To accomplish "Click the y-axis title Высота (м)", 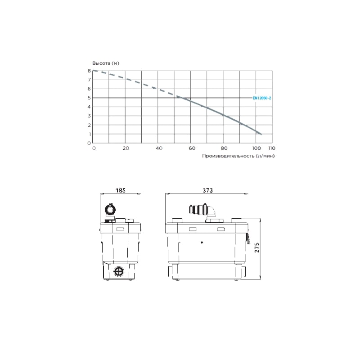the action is [x=106, y=63].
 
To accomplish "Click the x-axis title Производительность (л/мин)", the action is [x=238, y=156].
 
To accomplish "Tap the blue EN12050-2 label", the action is [x=262, y=98].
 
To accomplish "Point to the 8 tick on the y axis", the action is [x=89, y=71].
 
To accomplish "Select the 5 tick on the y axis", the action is [x=89, y=98].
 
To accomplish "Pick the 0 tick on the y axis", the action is [x=89, y=143].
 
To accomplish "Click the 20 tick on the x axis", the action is [x=126, y=148].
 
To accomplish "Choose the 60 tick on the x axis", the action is [x=192, y=148].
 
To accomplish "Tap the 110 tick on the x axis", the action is [x=272, y=148].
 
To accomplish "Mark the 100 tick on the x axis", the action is [x=256, y=148].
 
